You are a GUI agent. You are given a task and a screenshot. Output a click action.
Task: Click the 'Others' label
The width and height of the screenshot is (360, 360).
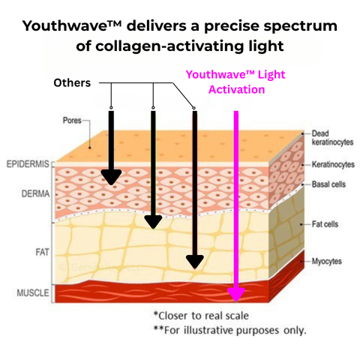[x=72, y=83]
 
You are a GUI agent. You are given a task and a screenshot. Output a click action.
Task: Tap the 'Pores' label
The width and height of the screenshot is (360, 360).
[x=72, y=121]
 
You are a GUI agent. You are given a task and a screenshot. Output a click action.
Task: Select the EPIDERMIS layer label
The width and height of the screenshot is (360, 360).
[x=28, y=164]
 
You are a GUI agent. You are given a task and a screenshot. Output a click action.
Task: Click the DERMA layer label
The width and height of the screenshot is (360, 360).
[x=35, y=193]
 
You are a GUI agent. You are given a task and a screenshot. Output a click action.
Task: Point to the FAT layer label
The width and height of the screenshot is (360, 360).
[x=42, y=252]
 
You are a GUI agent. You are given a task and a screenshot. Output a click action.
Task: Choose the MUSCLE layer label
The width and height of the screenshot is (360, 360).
[x=33, y=292]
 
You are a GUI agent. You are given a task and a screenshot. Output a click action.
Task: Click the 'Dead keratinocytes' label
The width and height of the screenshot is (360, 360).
[x=332, y=138]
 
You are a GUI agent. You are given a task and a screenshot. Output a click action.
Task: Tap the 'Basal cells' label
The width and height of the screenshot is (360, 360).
[x=328, y=184]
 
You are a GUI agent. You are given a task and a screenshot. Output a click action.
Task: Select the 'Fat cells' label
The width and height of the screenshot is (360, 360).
[x=325, y=224]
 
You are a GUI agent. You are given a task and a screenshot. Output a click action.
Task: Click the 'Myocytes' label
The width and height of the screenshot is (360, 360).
[x=326, y=262]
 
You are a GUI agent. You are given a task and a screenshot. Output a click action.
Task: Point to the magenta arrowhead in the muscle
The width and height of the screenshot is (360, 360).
[x=236, y=295]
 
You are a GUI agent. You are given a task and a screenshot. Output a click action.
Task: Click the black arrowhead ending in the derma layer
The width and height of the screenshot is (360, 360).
[x=111, y=177]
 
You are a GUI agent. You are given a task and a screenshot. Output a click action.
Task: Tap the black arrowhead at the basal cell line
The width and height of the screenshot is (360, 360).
[x=153, y=222]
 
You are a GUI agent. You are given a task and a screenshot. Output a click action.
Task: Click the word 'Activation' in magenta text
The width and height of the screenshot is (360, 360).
[x=237, y=89]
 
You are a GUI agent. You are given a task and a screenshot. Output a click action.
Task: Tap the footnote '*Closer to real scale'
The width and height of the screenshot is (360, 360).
[x=201, y=316]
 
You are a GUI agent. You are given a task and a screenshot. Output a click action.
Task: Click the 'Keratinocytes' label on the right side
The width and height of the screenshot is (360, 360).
[x=333, y=164]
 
